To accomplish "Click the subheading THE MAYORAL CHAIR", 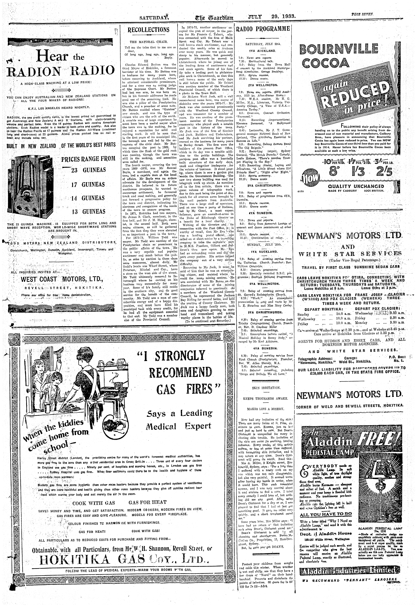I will [x=149, y=42].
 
